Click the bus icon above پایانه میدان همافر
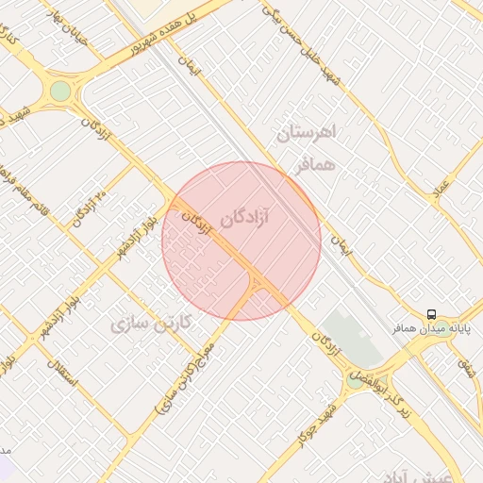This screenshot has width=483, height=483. [x=430, y=314]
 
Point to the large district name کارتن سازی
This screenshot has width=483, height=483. [x=151, y=324]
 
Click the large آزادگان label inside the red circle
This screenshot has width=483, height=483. [x=244, y=218]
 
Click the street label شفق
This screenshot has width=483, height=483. [x=463, y=358]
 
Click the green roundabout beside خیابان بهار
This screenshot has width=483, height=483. [x=60, y=91]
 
